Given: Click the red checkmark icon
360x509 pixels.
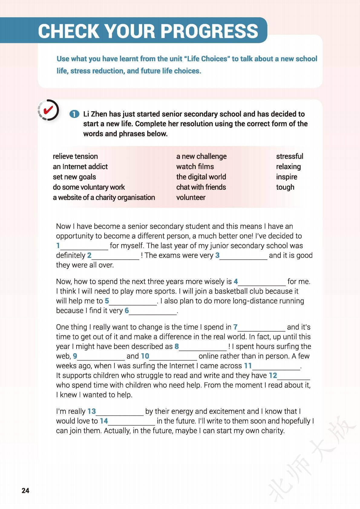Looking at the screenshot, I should [48, 110].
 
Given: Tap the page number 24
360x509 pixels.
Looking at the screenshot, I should [25, 490].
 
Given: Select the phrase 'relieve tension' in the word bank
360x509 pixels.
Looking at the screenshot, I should [75, 156].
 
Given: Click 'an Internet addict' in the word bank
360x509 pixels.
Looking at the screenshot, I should [80, 167].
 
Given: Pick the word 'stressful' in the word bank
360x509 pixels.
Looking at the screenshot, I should [290, 156].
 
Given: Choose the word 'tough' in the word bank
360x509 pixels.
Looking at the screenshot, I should [285, 187].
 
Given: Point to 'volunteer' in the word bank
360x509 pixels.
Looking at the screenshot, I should [191, 197].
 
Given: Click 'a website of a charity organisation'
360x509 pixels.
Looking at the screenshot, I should [104, 197].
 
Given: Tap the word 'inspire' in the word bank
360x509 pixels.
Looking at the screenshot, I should [286, 177].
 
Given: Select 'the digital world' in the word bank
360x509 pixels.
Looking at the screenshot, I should [201, 177].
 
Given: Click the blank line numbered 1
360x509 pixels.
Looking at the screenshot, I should [84, 247].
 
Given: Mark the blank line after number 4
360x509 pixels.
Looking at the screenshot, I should [262, 282].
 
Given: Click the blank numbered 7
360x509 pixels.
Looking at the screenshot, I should [262, 328].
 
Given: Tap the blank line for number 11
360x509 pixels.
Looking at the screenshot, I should [276, 367].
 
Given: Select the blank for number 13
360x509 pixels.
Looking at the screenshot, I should [120, 412].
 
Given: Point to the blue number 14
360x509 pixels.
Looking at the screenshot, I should [104, 421].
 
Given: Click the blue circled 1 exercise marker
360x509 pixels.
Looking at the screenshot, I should [74, 114].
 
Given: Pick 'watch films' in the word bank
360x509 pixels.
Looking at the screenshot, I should [195, 167].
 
